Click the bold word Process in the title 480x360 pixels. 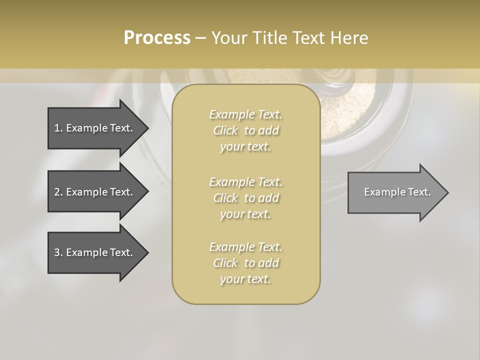point(157,38)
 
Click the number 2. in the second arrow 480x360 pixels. point(58,192)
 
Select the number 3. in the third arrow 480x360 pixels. point(58,252)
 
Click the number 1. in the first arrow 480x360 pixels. point(58,128)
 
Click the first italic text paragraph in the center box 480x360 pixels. point(245,130)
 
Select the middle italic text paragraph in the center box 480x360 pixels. point(245,198)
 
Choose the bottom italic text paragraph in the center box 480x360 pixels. point(245,263)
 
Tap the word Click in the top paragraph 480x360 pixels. point(225,130)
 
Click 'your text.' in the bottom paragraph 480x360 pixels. point(245,279)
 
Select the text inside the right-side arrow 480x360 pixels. point(397,192)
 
